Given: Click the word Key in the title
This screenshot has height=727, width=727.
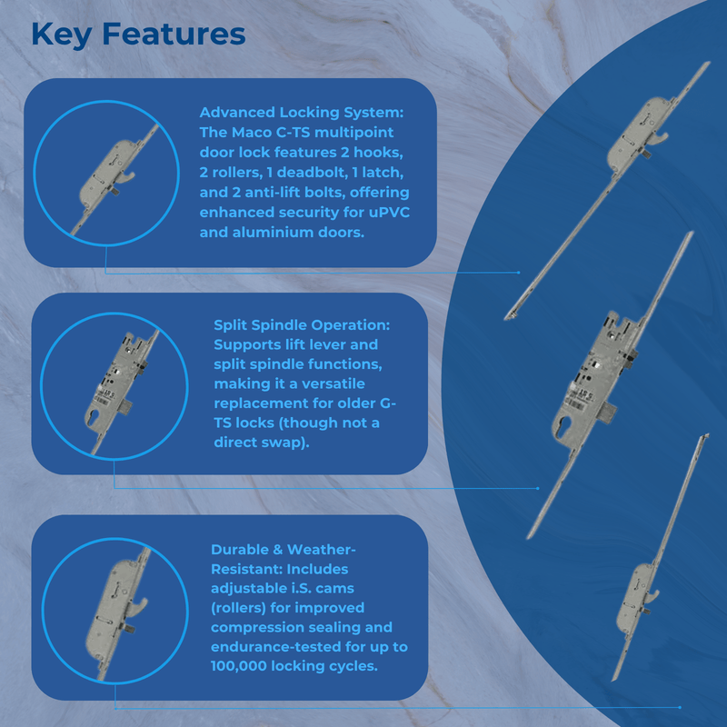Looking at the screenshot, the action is (61, 35).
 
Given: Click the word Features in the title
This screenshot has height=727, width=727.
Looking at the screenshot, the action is (174, 34).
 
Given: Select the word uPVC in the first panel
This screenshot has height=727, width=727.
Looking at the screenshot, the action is (390, 212).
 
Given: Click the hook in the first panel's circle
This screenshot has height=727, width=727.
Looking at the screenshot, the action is (127, 176).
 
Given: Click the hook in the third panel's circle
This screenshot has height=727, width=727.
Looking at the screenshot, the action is (140, 605).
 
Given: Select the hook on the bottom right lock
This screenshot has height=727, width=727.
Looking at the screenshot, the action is (652, 597).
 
